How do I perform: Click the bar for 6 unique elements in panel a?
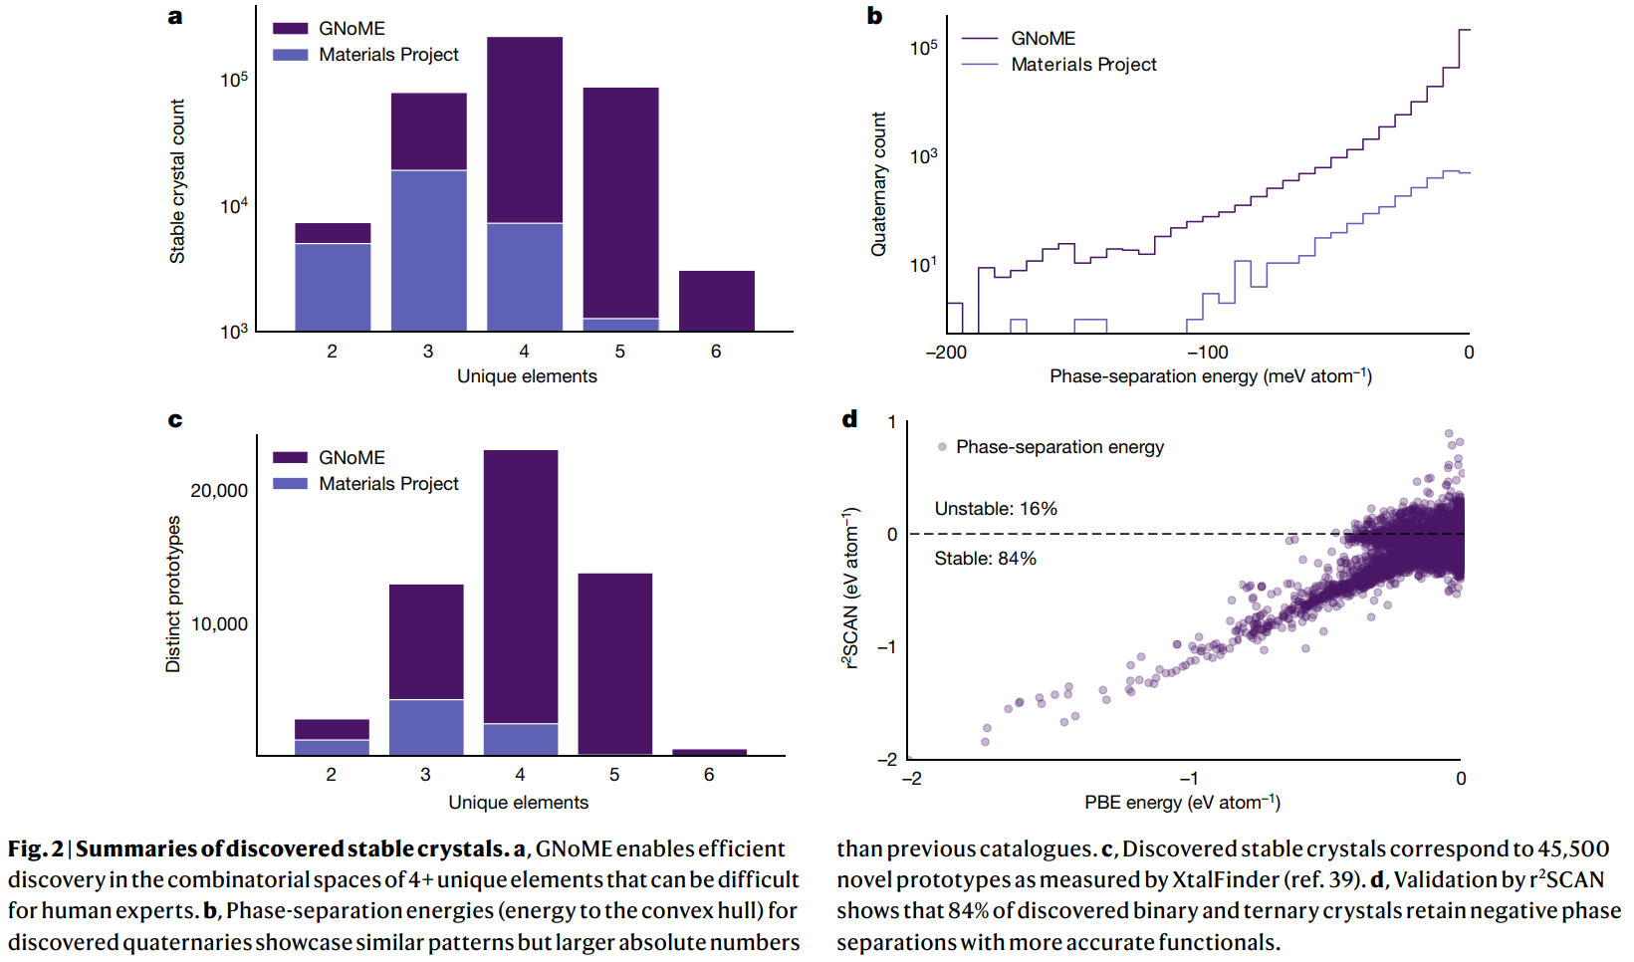(716, 301)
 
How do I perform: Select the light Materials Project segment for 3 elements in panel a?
(428, 250)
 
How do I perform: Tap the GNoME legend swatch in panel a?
(290, 29)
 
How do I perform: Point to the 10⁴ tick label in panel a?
(234, 206)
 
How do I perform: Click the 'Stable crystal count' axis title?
(177, 181)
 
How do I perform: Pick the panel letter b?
(874, 16)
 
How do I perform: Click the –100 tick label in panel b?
(1207, 353)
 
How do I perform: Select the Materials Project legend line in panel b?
(980, 65)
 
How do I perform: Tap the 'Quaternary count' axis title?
(878, 184)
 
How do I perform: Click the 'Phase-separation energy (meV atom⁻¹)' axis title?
(1210, 376)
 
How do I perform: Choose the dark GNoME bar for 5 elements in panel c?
(614, 663)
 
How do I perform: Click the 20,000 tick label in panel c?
(219, 491)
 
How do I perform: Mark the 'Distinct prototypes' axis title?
(173, 594)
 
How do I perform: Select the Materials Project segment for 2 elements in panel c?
(332, 747)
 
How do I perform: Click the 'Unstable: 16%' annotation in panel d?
(995, 509)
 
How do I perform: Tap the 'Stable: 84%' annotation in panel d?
(985, 559)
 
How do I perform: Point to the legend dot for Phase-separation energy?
(942, 447)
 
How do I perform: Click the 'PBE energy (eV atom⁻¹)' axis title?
(1182, 803)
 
